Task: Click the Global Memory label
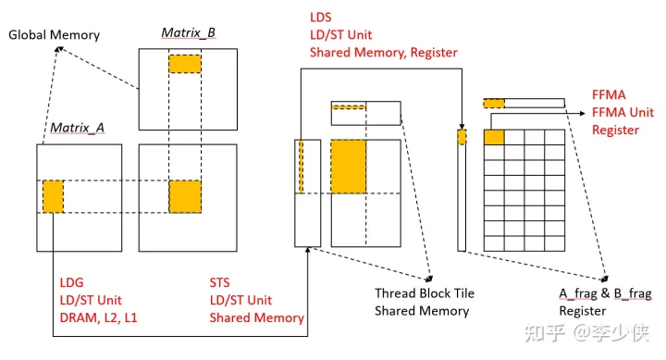[53, 34]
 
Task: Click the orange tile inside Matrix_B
[184, 63]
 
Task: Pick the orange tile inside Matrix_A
[53, 196]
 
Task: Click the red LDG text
[70, 282]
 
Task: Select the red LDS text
[322, 18]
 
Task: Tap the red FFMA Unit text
[627, 112]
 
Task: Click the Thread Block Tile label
[424, 293]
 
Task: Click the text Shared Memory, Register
[383, 53]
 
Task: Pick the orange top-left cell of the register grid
[494, 137]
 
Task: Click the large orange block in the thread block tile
[349, 165]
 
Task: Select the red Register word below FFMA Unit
[615, 130]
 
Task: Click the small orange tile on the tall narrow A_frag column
[462, 137]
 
